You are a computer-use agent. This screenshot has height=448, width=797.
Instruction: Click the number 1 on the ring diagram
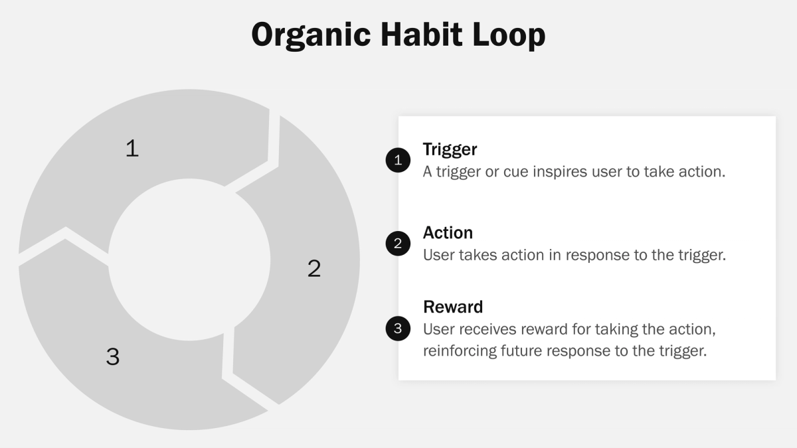pyautogui.click(x=132, y=148)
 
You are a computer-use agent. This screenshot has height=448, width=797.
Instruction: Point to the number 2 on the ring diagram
pyautogui.click(x=314, y=268)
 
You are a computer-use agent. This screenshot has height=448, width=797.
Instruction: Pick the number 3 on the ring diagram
pyautogui.click(x=113, y=356)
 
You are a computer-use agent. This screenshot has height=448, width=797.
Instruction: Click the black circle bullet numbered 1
pyautogui.click(x=398, y=160)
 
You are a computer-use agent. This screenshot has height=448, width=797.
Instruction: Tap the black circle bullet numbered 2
pyautogui.click(x=398, y=244)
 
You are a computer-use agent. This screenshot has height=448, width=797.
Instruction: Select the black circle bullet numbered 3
pyautogui.click(x=398, y=328)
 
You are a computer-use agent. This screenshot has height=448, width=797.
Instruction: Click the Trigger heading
pyautogui.click(x=450, y=149)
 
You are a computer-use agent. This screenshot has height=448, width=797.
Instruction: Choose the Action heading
pyautogui.click(x=448, y=233)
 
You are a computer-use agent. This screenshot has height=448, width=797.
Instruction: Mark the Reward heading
pyautogui.click(x=453, y=307)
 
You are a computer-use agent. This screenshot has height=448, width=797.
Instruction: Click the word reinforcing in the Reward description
pyautogui.click(x=459, y=350)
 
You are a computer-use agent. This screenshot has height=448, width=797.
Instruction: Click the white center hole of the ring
pyautogui.click(x=189, y=260)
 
